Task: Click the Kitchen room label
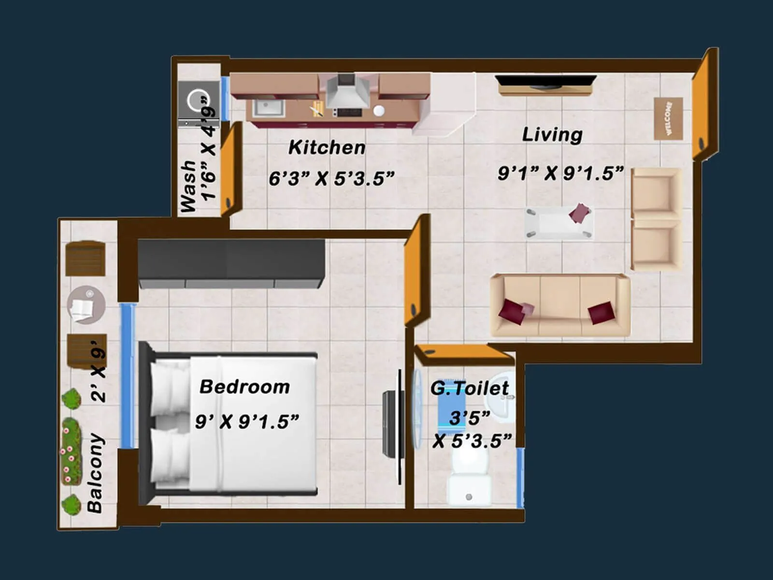(x=327, y=147)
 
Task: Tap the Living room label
(x=552, y=134)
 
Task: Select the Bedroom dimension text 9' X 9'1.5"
(x=247, y=421)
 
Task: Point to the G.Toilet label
(x=469, y=388)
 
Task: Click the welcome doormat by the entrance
(x=668, y=118)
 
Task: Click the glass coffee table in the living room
(x=559, y=223)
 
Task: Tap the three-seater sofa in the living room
(x=560, y=305)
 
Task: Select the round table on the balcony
(x=86, y=304)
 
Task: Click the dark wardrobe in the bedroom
(x=231, y=263)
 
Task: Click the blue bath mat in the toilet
(x=451, y=404)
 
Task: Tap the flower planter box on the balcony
(x=71, y=451)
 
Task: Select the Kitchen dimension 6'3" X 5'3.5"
(x=331, y=178)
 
